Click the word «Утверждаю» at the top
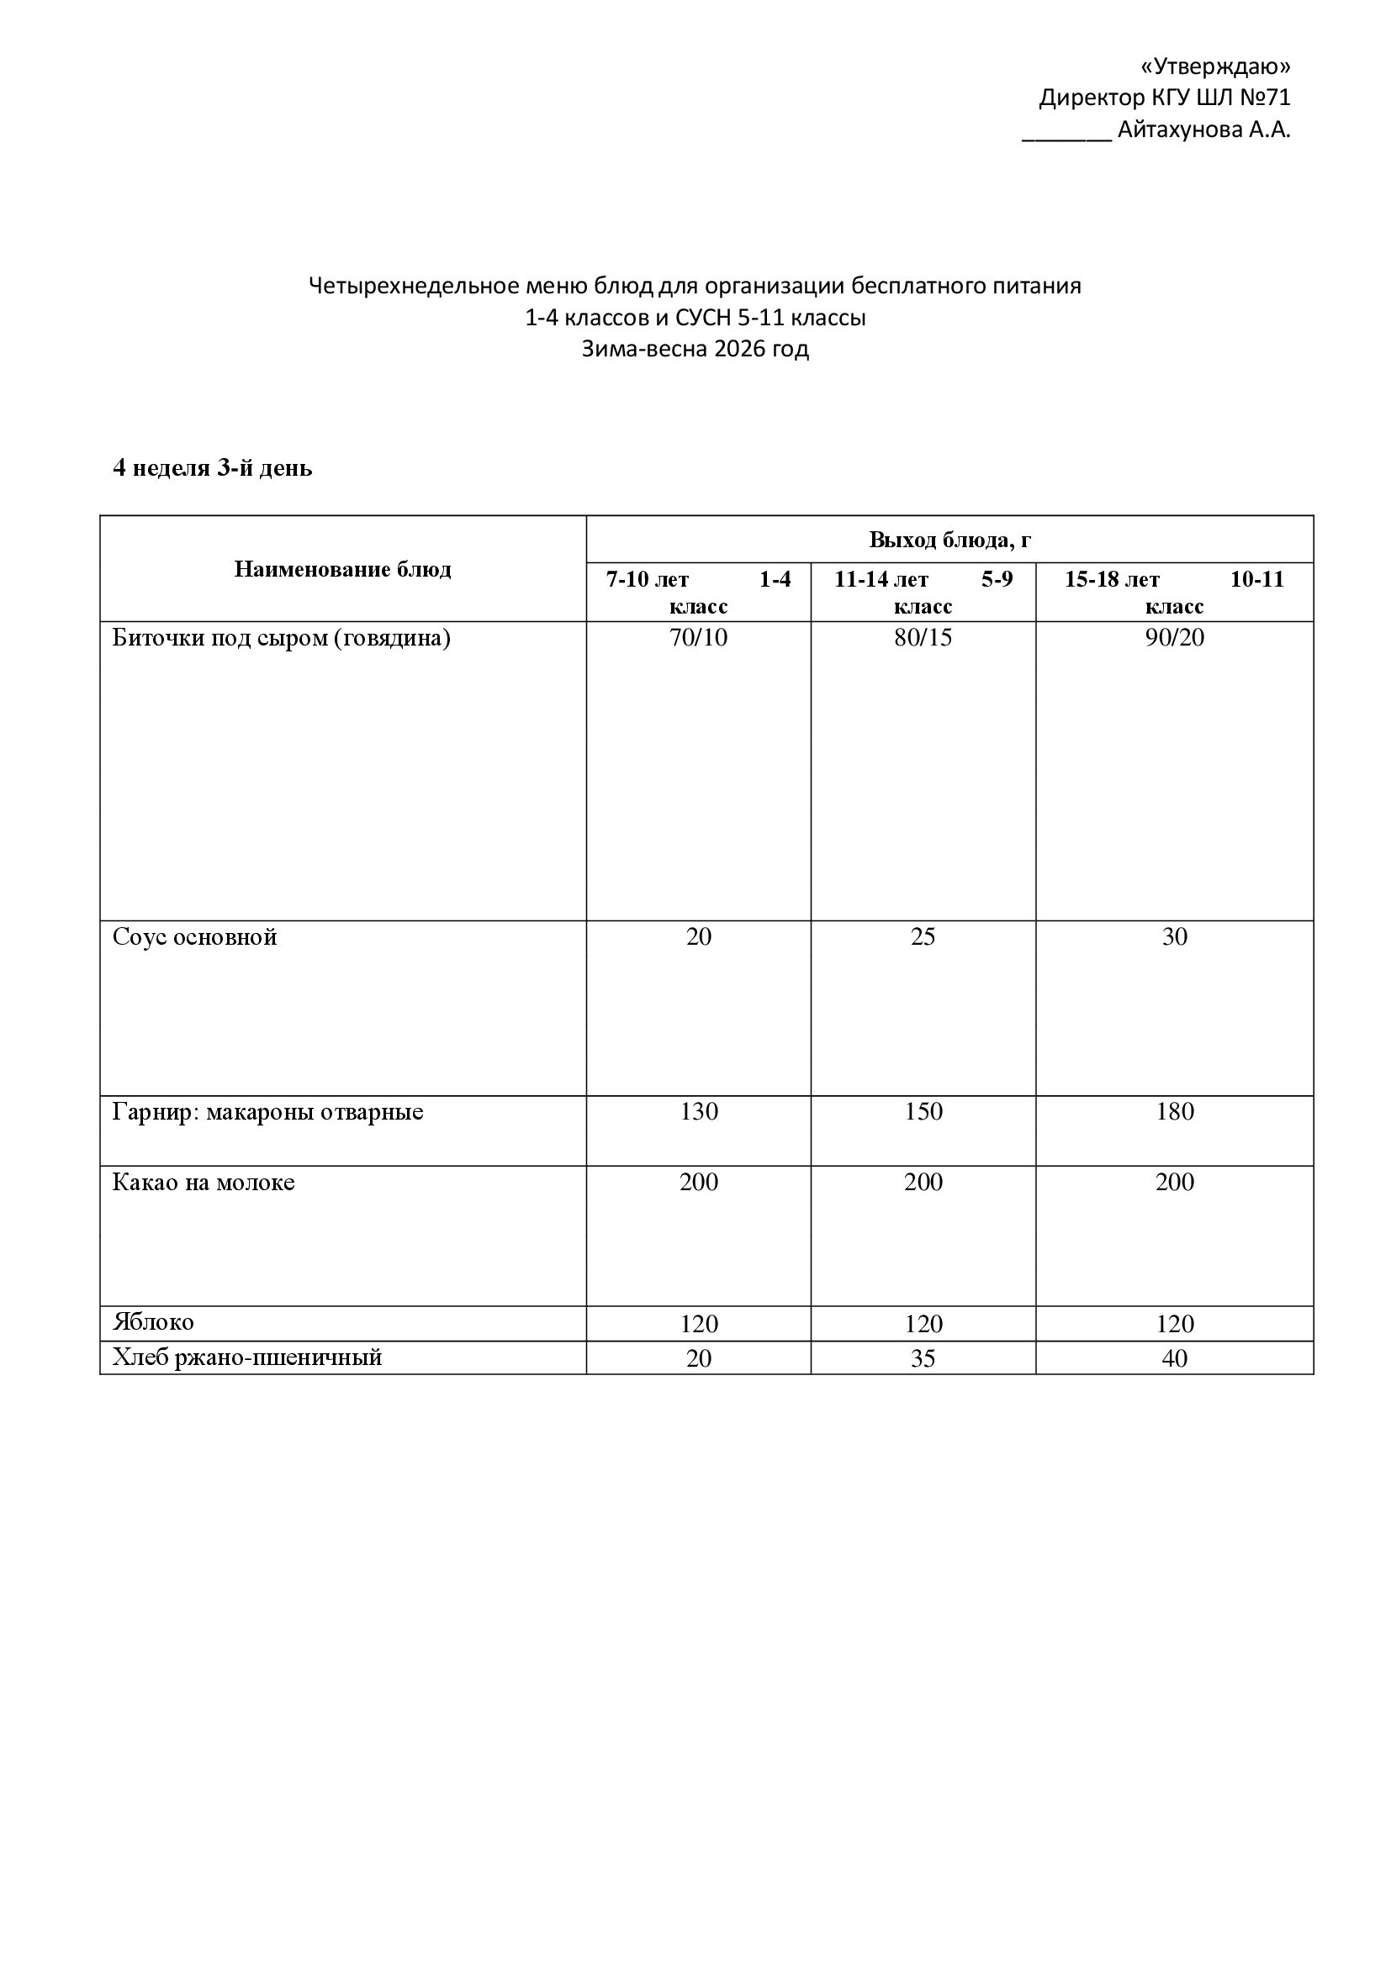[x=1215, y=66]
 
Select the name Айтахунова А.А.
[x=1203, y=130]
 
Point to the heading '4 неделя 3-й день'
[x=213, y=468]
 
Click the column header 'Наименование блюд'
[x=342, y=569]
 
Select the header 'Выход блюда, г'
[x=949, y=540]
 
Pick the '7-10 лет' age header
[x=648, y=580]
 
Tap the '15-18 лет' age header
[x=1112, y=580]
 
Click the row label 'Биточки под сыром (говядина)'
[x=281, y=638]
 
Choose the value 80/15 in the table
[x=923, y=638]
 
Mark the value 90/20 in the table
[x=1174, y=638]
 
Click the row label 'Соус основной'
[x=194, y=936]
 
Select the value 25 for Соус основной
[x=923, y=936]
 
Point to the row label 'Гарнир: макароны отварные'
[x=267, y=1111]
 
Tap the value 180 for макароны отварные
[x=1174, y=1111]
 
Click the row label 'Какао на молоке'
[x=203, y=1183]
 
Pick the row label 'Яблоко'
[x=153, y=1322]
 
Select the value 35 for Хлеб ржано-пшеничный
[x=923, y=1359]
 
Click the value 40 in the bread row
[x=1174, y=1359]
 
